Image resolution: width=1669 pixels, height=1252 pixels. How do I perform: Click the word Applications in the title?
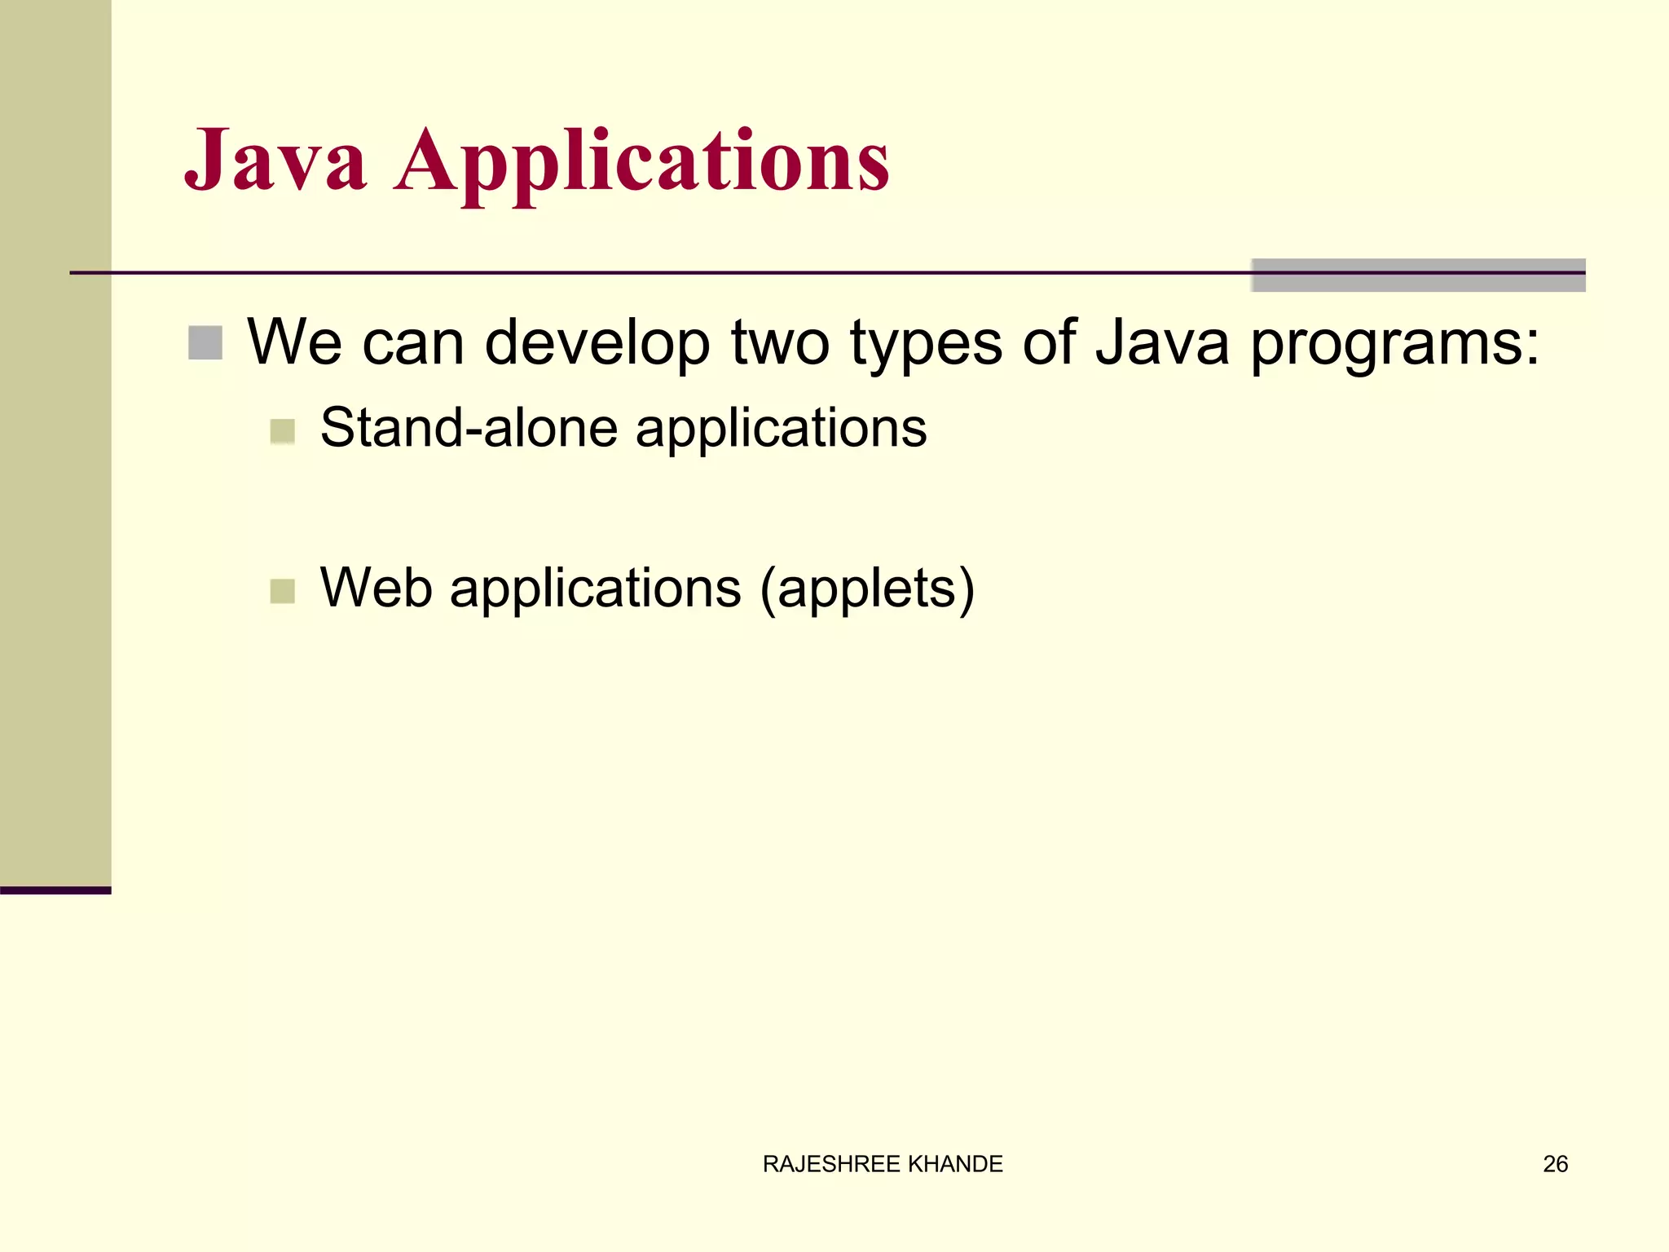641,163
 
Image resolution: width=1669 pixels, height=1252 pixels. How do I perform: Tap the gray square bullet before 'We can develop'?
205,343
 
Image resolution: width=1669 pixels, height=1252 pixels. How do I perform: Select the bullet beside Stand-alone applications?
282,430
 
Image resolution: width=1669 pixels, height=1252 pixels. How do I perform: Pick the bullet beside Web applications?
282,591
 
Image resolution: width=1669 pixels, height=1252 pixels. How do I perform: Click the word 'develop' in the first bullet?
597,343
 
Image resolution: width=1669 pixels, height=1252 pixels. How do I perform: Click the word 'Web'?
376,588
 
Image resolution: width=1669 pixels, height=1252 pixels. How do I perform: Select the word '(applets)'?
867,589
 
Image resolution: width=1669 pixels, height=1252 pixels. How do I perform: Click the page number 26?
1555,1164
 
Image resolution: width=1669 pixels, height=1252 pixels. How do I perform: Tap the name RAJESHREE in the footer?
831,1164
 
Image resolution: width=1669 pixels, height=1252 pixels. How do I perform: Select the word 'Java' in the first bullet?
1161,343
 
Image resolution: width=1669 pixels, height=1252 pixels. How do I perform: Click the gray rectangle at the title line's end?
1418,276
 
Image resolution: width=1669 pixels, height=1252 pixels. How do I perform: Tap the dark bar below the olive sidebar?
55,890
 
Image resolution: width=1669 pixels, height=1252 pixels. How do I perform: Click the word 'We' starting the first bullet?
294,343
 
